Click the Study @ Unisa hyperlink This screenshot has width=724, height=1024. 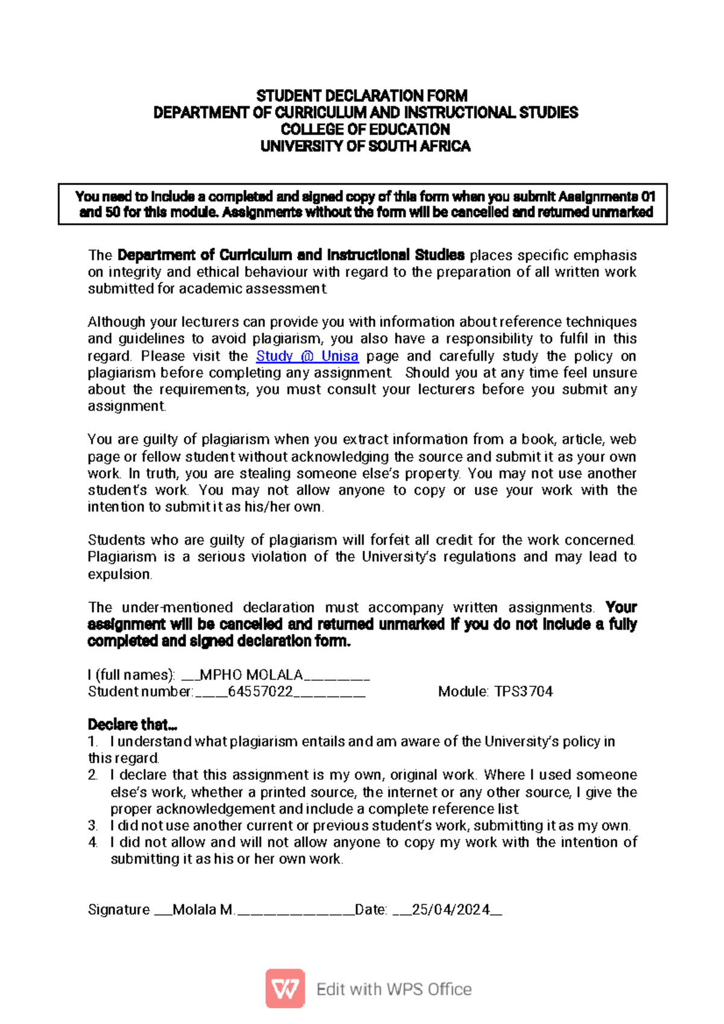pos(307,356)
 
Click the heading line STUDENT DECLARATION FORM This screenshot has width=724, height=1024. pos(362,96)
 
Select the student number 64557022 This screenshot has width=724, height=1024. pos(260,692)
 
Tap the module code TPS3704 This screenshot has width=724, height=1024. pos(524,692)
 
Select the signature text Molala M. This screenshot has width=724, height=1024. pos(203,909)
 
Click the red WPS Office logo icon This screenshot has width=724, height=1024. pos(285,988)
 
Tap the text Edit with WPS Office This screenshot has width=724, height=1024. pos(394,989)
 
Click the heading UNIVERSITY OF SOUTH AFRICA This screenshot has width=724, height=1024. pos(365,147)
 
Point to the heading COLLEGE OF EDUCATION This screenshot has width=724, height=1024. pos(365,130)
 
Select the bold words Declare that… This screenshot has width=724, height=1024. pos(132,724)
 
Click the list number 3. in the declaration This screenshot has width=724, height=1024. pos(92,826)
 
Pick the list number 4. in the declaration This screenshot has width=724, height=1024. pos(92,842)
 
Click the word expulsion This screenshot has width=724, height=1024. pos(119,574)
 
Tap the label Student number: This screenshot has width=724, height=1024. pos(141,692)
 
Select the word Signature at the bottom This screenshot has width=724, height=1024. pos(119,909)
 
